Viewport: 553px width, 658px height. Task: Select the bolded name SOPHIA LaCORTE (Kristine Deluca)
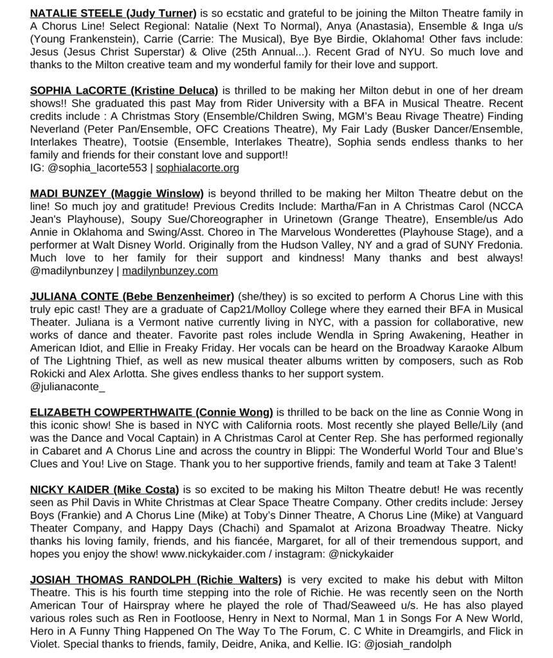point(124,90)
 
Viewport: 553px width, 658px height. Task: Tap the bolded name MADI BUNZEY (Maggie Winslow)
point(117,193)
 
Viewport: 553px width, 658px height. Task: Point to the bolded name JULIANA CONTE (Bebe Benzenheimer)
point(132,296)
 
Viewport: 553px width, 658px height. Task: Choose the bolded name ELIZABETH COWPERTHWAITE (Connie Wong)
point(152,412)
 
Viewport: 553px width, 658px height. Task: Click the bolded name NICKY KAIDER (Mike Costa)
point(104,490)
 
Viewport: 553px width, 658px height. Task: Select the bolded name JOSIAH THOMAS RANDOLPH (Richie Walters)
point(156,580)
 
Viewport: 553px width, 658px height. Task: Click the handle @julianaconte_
point(68,386)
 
